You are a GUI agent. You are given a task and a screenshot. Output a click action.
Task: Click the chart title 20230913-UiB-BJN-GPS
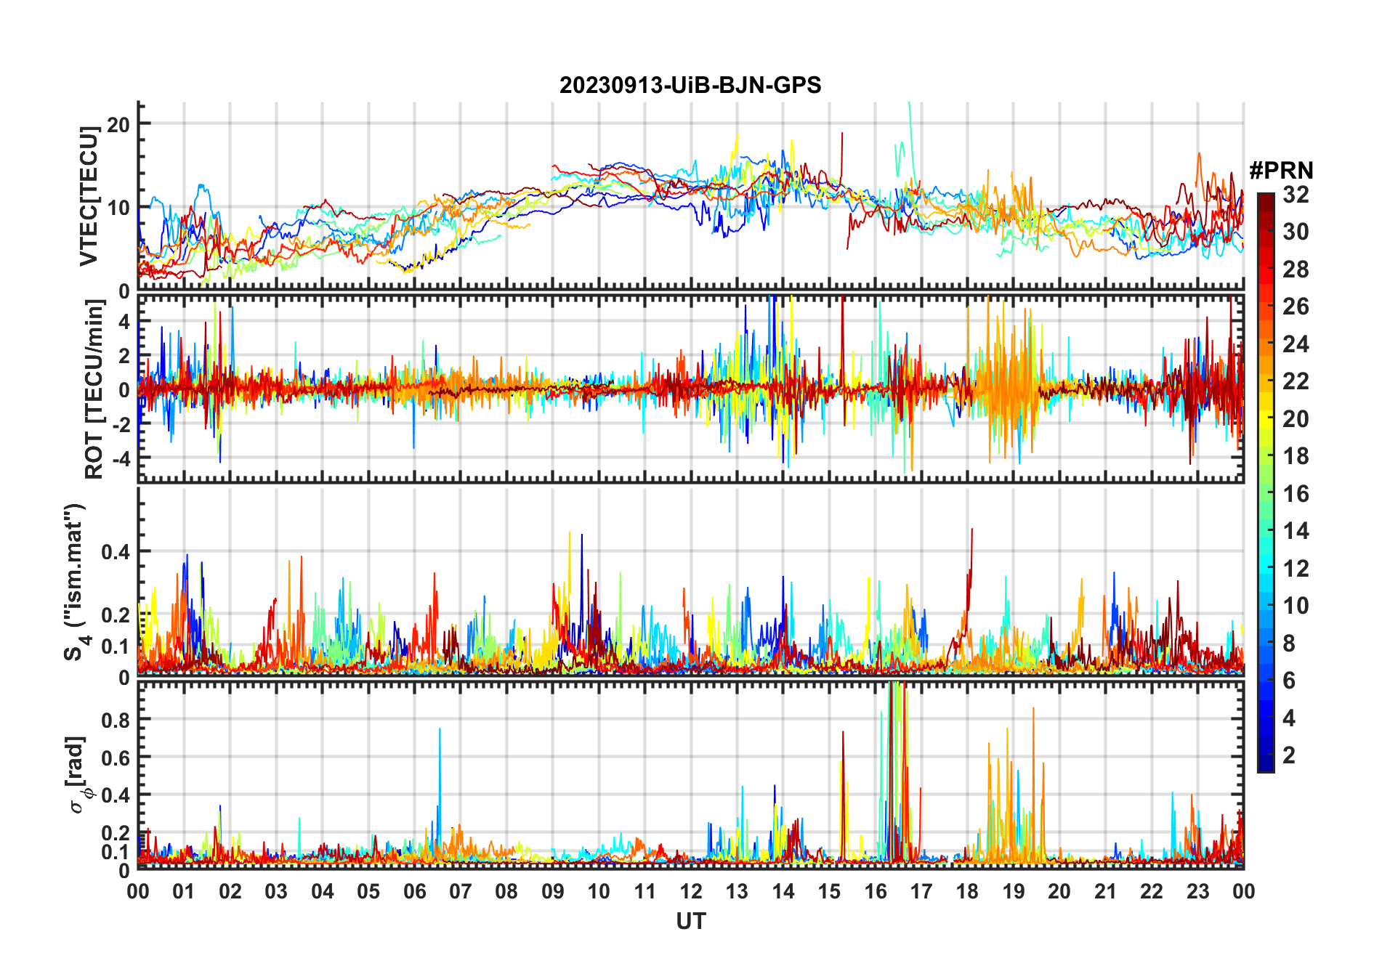tap(690, 86)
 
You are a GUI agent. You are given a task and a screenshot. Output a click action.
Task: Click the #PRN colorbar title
tap(1281, 171)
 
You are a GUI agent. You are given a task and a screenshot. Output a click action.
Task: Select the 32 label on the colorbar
tap(1296, 195)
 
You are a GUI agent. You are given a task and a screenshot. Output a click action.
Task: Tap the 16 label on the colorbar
tap(1296, 494)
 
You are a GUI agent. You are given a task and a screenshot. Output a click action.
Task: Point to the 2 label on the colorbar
tap(1289, 755)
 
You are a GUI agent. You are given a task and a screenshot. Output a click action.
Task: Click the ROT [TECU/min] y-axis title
tap(94, 389)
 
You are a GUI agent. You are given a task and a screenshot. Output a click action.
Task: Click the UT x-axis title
tap(690, 921)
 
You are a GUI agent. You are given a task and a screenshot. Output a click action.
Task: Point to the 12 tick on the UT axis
tap(690, 891)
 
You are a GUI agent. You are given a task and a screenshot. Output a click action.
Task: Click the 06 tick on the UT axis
tap(414, 891)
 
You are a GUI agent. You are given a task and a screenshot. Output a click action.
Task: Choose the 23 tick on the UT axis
tap(1197, 891)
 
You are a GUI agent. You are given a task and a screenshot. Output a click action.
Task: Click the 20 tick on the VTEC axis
tap(118, 124)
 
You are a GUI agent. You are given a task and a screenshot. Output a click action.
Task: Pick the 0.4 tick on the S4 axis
tap(116, 551)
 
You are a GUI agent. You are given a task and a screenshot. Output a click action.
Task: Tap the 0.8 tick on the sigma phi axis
tap(116, 720)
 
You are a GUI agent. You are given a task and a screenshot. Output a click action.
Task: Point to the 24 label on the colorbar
tap(1296, 344)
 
